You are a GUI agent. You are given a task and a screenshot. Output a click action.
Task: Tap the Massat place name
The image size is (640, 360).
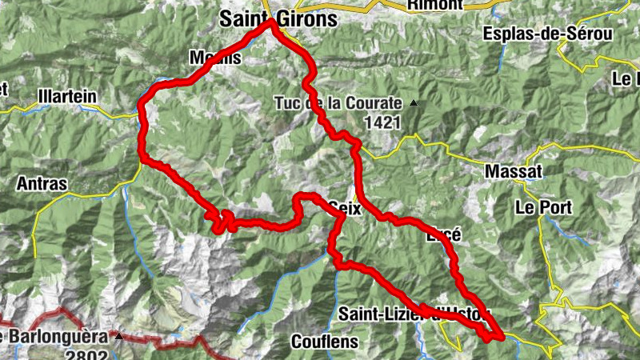[x=514, y=172]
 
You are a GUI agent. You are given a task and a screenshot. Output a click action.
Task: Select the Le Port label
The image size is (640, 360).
[x=543, y=207]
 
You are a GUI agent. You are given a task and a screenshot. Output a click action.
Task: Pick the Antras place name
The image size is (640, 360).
[x=42, y=184]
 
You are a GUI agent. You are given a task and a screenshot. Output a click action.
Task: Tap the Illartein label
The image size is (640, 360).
[x=67, y=96]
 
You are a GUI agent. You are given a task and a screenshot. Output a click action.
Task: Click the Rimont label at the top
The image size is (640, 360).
[x=434, y=5]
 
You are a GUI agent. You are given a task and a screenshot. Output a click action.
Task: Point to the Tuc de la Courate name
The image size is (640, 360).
[x=337, y=103]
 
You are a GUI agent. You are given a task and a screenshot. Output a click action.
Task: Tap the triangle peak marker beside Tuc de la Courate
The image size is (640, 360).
[x=414, y=103]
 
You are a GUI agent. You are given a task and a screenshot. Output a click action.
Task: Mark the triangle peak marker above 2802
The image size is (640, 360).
[x=119, y=336]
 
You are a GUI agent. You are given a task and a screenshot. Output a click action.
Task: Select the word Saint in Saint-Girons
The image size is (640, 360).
[x=246, y=19]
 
